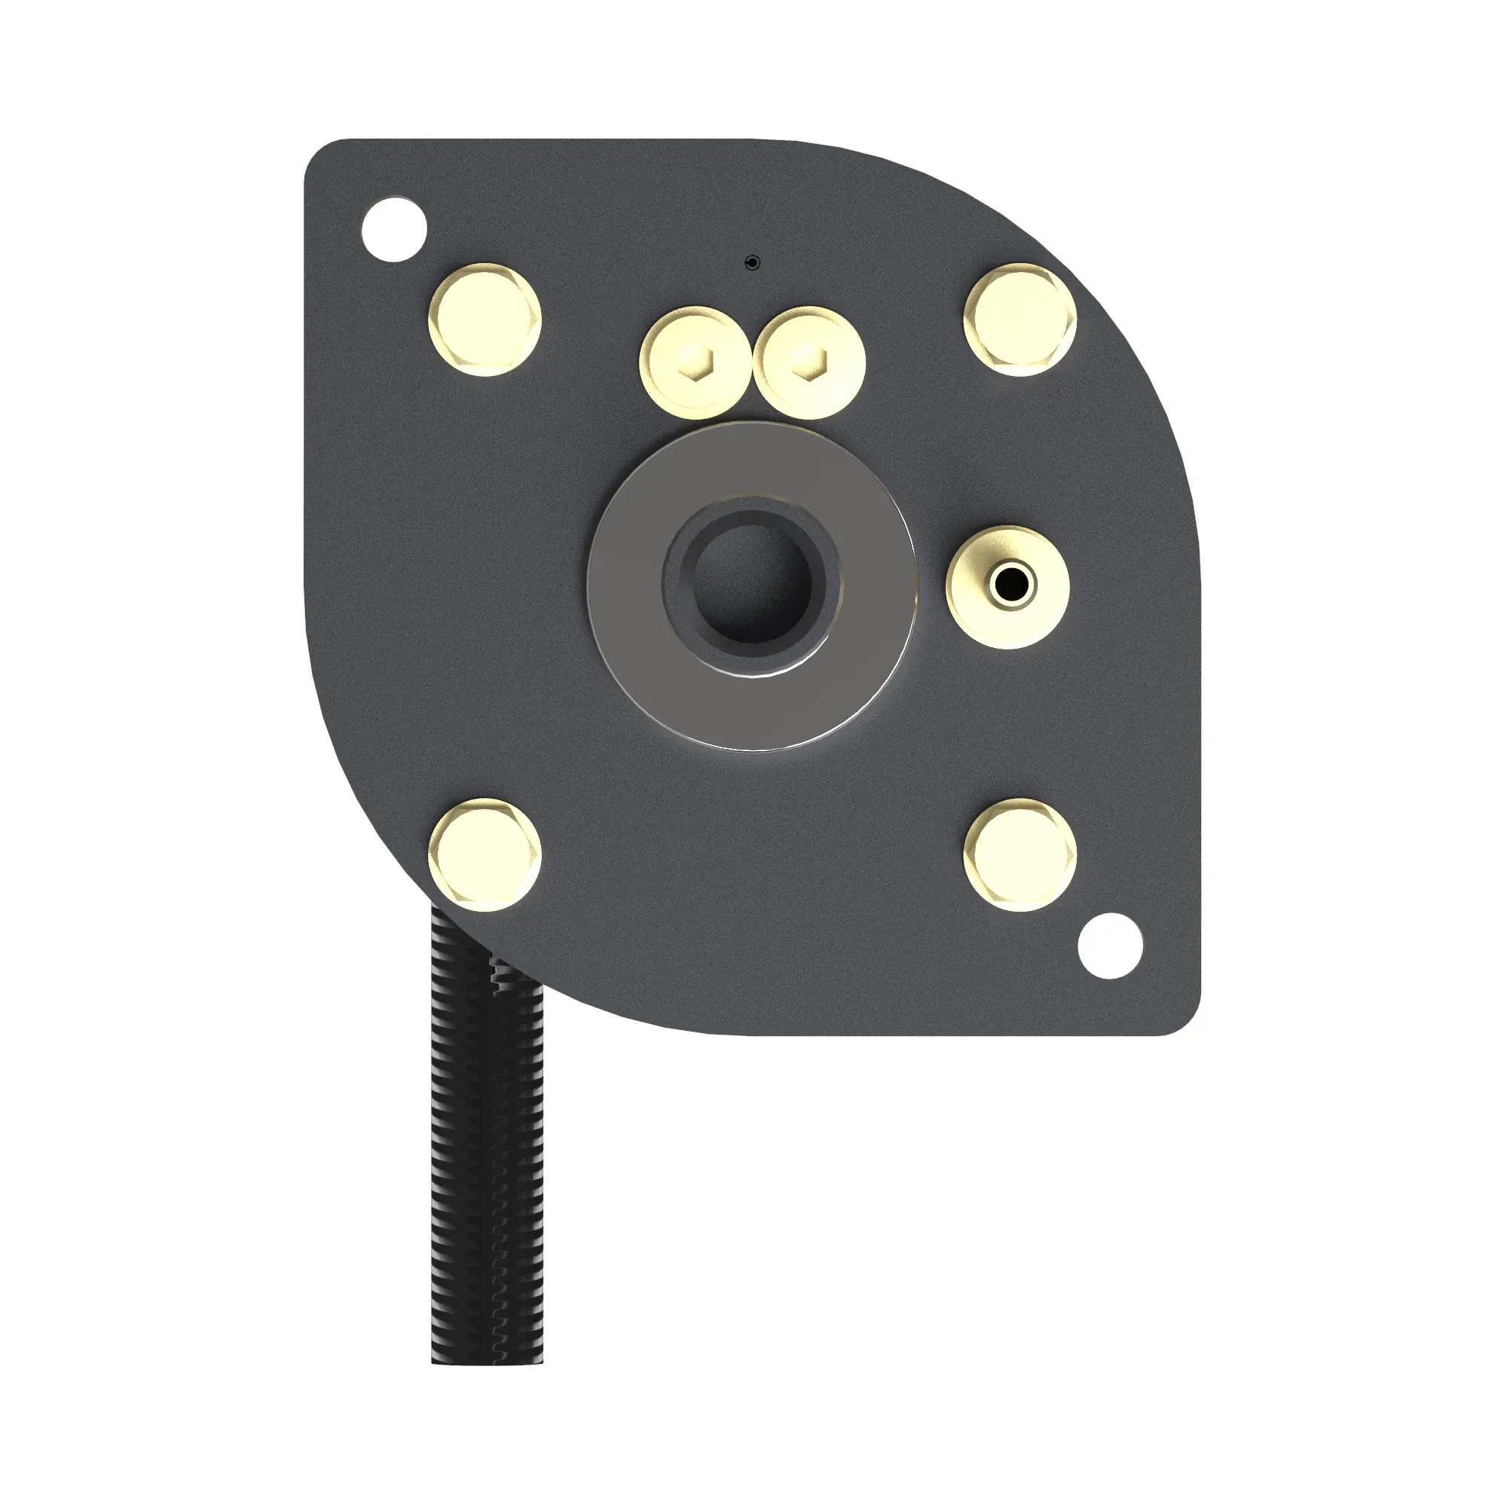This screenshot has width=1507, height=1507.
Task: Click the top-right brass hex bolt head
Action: point(1020,319)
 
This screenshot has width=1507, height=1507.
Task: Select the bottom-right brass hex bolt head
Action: point(1020,854)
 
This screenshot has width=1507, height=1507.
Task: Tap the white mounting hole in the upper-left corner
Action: point(395,229)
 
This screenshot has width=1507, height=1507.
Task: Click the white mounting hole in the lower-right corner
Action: point(1110,945)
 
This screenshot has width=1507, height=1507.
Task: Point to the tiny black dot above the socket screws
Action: point(753,263)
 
